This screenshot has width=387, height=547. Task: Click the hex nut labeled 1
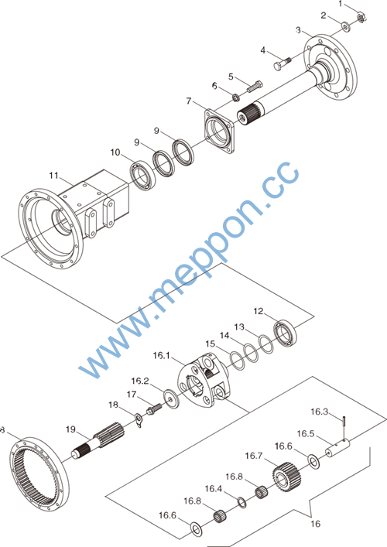click(x=361, y=17)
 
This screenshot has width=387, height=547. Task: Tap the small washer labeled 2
click(x=346, y=26)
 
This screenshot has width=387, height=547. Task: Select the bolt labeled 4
click(x=282, y=64)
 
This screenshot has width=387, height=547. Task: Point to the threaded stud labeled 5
click(x=255, y=87)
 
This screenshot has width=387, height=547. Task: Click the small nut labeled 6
click(x=236, y=97)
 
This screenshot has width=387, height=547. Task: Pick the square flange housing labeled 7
click(x=219, y=132)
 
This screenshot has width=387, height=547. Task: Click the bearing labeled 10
click(x=142, y=176)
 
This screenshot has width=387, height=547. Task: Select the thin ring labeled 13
click(x=266, y=344)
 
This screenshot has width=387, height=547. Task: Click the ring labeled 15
click(x=238, y=361)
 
